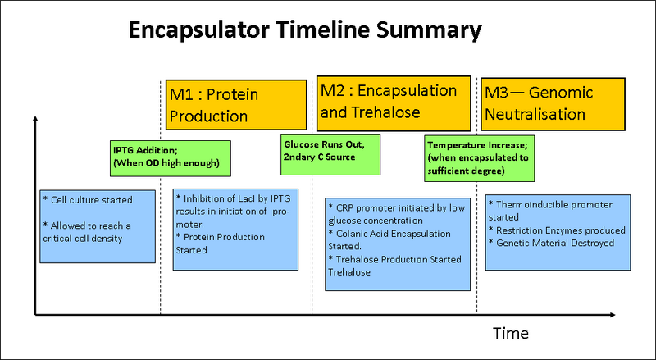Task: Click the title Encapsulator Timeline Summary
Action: pyautogui.click(x=304, y=32)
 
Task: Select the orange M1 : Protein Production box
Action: pyautogui.click(x=233, y=104)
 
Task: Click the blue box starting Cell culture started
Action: pyautogui.click(x=98, y=226)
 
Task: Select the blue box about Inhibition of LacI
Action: pyautogui.click(x=237, y=226)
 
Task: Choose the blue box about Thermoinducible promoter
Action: pyautogui.click(x=557, y=232)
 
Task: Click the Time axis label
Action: pyautogui.click(x=510, y=333)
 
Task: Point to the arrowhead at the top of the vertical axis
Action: pyautogui.click(x=34, y=121)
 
